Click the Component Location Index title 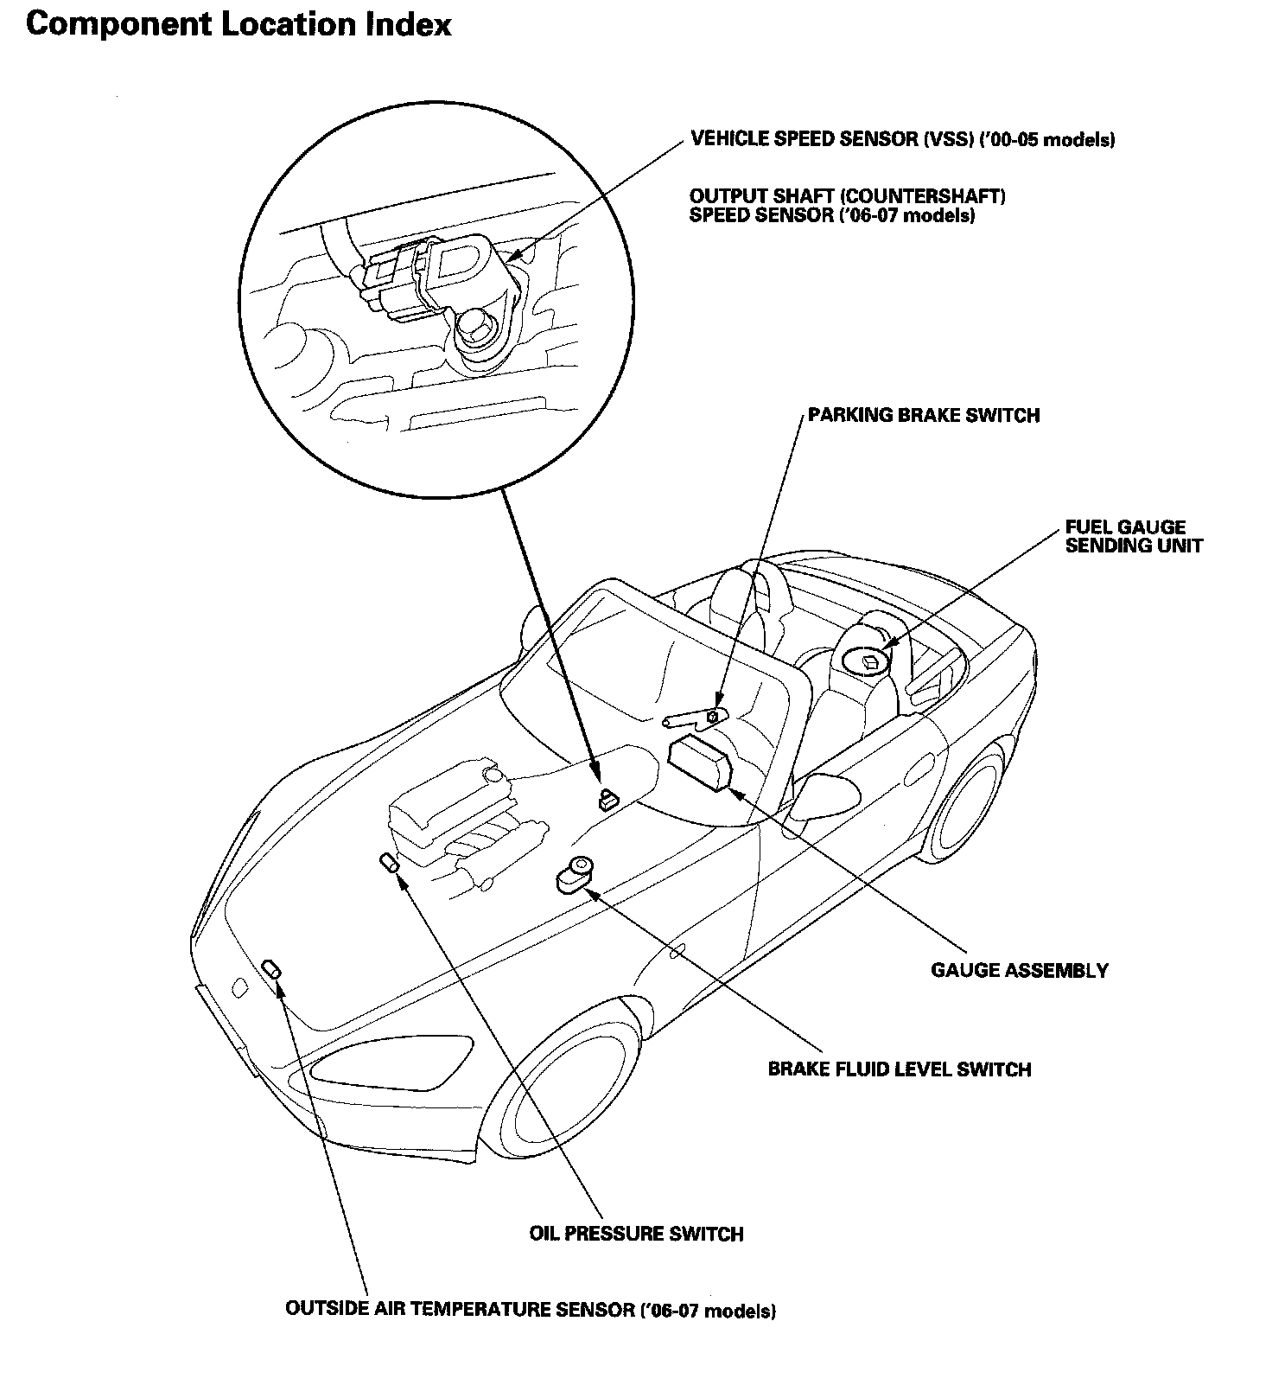coord(238,24)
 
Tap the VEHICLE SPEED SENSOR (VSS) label coord(902,139)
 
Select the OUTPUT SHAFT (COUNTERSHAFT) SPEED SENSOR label coord(847,206)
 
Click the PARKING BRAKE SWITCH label coord(923,416)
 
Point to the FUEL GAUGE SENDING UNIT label coord(1133,536)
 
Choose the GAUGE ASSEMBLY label coord(1019,970)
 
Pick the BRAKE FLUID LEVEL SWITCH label coord(899,1069)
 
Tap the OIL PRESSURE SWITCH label coord(636,1234)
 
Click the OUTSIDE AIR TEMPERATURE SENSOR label coord(530,1310)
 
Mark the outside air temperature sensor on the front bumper coord(271,968)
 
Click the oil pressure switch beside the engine coord(389,863)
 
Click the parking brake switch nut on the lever coord(712,716)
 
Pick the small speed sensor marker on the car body coord(608,798)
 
